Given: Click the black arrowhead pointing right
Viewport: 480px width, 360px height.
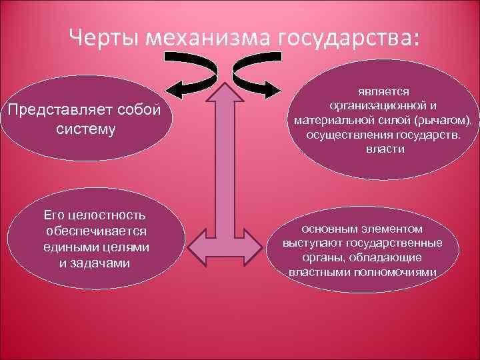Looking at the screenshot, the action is tap(277, 87).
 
